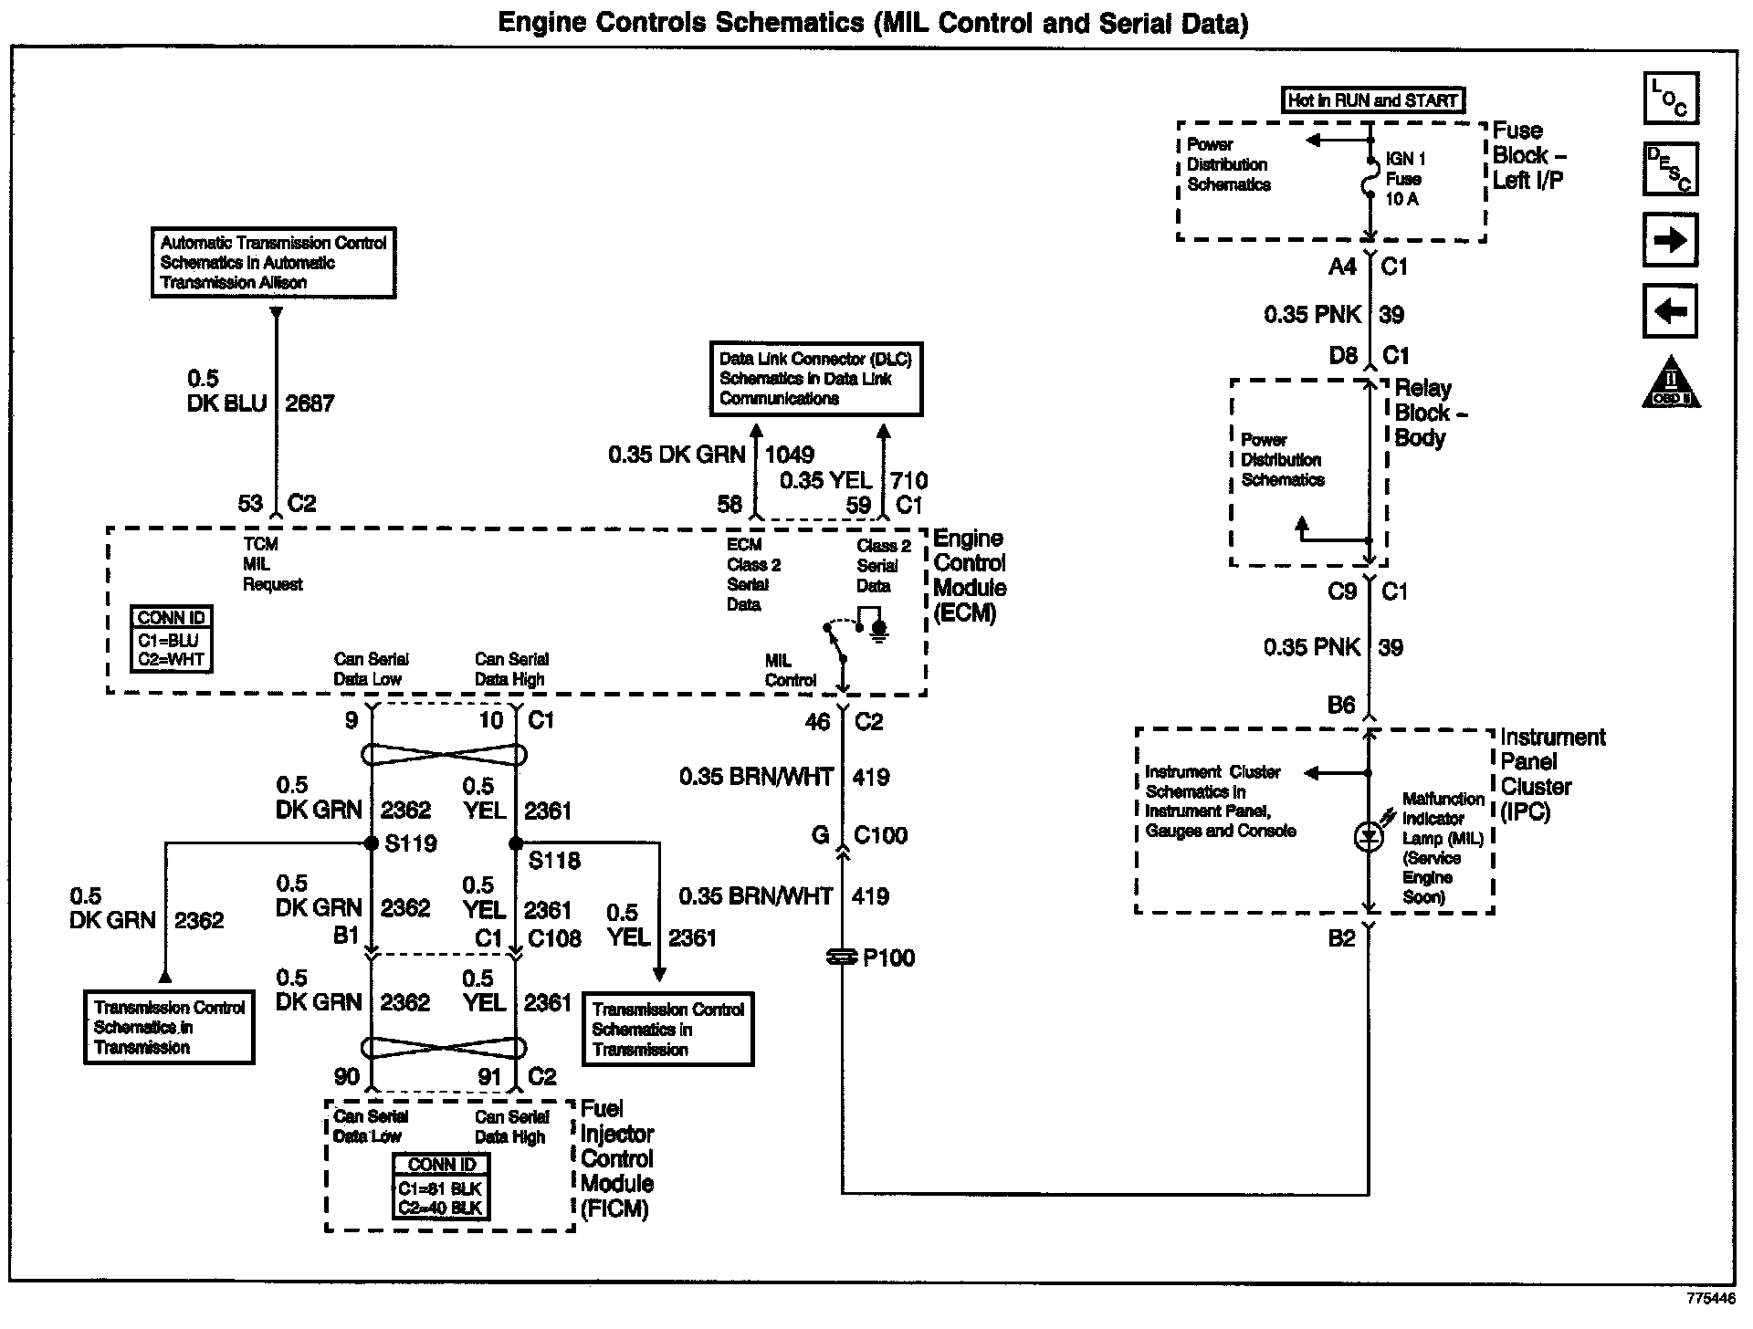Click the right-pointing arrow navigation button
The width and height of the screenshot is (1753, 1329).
click(1670, 240)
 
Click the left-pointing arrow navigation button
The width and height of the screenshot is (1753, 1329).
click(1670, 311)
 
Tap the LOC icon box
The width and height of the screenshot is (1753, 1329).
click(1670, 99)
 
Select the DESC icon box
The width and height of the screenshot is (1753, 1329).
click(1670, 169)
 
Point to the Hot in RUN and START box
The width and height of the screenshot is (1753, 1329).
click(1372, 100)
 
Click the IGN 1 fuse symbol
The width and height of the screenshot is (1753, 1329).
click(1369, 177)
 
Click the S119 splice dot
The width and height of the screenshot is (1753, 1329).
click(372, 843)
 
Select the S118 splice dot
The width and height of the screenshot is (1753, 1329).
click(516, 843)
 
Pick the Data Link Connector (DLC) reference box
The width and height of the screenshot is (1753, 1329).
click(816, 379)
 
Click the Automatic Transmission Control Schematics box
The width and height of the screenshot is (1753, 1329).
click(273, 263)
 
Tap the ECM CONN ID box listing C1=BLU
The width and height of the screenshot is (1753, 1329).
click(172, 640)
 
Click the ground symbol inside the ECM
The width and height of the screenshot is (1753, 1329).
click(878, 631)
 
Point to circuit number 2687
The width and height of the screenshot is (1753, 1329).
click(310, 403)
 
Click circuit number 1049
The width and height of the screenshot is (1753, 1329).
click(790, 455)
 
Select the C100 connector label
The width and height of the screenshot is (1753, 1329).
click(880, 835)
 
